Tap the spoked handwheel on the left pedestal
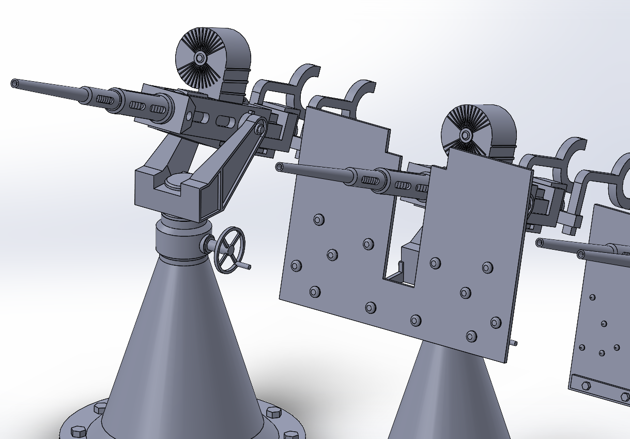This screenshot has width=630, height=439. pos(229,249)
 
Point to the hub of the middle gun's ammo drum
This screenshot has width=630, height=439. pos(465,135)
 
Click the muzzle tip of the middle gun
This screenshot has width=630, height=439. pos(280,167)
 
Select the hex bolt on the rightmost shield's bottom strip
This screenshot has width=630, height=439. pos(586,386)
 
